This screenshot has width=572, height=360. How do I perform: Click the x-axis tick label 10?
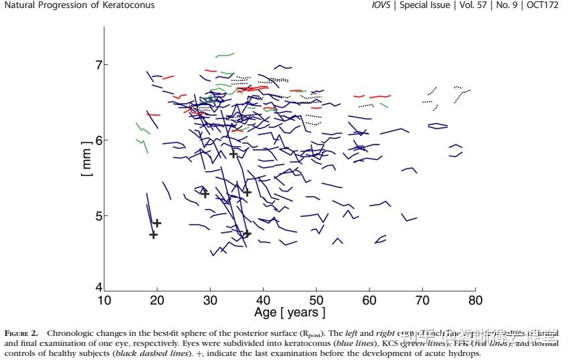(x=104, y=300)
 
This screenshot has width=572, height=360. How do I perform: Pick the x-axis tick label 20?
(x=157, y=300)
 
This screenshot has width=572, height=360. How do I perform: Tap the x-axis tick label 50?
(x=316, y=300)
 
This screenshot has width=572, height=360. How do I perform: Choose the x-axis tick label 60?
(x=369, y=300)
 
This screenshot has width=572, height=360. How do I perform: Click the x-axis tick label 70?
(x=422, y=300)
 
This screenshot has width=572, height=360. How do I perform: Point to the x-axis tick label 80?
(x=475, y=300)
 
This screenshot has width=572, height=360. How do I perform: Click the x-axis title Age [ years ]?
(x=290, y=312)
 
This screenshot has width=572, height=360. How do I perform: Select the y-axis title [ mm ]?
(x=85, y=159)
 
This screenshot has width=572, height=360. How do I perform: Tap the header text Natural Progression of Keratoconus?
(x=79, y=5)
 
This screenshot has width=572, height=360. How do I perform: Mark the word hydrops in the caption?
(x=465, y=353)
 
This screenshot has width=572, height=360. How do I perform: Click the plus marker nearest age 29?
(x=205, y=194)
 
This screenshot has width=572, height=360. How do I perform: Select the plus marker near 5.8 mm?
(x=233, y=155)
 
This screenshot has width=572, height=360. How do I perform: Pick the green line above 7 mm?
(x=224, y=55)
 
